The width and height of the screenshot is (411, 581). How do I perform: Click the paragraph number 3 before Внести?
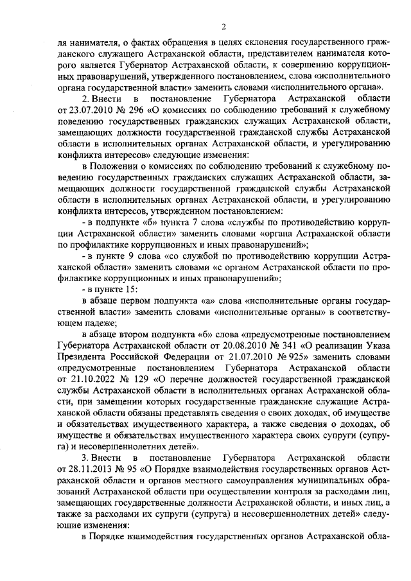tap(85, 457)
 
